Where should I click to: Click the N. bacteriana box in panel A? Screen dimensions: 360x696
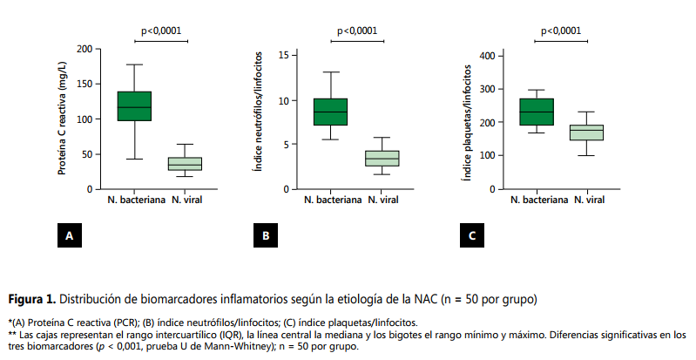click(134, 105)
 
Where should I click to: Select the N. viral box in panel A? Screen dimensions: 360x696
click(185, 164)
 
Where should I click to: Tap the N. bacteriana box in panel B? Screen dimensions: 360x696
click(330, 112)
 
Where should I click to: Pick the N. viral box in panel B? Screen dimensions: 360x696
click(382, 158)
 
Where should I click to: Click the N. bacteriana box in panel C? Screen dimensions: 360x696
click(537, 112)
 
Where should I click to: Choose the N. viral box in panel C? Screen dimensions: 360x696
click(587, 132)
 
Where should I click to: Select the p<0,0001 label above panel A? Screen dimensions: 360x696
click(161, 31)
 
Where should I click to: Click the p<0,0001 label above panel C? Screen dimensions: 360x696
click(562, 31)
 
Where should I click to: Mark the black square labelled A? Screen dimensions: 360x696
click(69, 234)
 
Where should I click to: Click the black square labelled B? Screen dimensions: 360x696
click(266, 234)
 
